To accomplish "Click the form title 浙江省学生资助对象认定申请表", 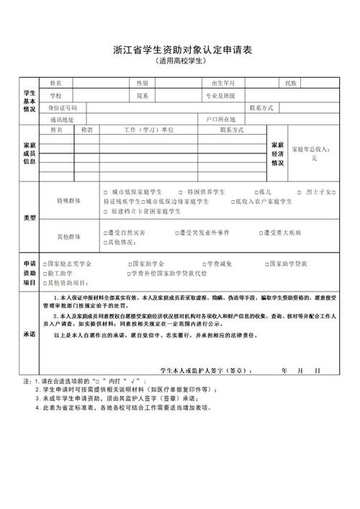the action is (180, 50).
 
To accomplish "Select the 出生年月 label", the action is (223, 84).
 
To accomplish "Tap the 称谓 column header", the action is (87, 130).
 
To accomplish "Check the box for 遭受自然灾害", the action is (106, 233).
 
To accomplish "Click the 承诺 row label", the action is (29, 335).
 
